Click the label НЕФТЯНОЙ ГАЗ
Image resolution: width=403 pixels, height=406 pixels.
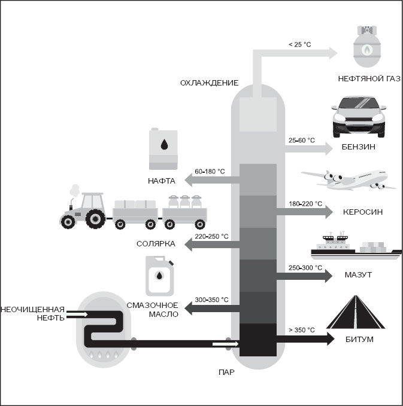coord(369,79)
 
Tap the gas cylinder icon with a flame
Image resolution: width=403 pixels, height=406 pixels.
coord(366,46)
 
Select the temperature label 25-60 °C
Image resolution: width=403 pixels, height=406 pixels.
coord(302,141)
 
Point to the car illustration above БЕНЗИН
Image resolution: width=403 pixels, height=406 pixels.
coord(359,117)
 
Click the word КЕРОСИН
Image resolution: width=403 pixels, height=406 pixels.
coord(362,212)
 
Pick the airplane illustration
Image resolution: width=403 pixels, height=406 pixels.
coord(349,180)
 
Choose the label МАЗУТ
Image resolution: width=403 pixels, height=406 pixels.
coord(358,274)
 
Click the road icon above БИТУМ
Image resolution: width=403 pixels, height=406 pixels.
coord(356,312)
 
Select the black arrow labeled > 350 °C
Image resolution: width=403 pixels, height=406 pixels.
coord(305,339)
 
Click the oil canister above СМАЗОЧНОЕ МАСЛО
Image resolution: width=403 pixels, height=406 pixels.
coord(159,276)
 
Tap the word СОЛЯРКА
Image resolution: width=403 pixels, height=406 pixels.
coord(156,244)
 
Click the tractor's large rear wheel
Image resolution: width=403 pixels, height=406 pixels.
coord(96,219)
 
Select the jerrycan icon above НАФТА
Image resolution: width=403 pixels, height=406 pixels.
coord(163,149)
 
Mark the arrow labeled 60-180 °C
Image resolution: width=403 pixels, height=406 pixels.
coord(212,180)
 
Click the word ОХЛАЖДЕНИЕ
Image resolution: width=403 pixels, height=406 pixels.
coord(209,83)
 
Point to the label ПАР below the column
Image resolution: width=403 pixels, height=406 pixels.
coord(227,373)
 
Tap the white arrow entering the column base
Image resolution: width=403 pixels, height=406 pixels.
coord(225,344)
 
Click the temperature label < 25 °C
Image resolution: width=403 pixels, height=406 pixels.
coord(299,44)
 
